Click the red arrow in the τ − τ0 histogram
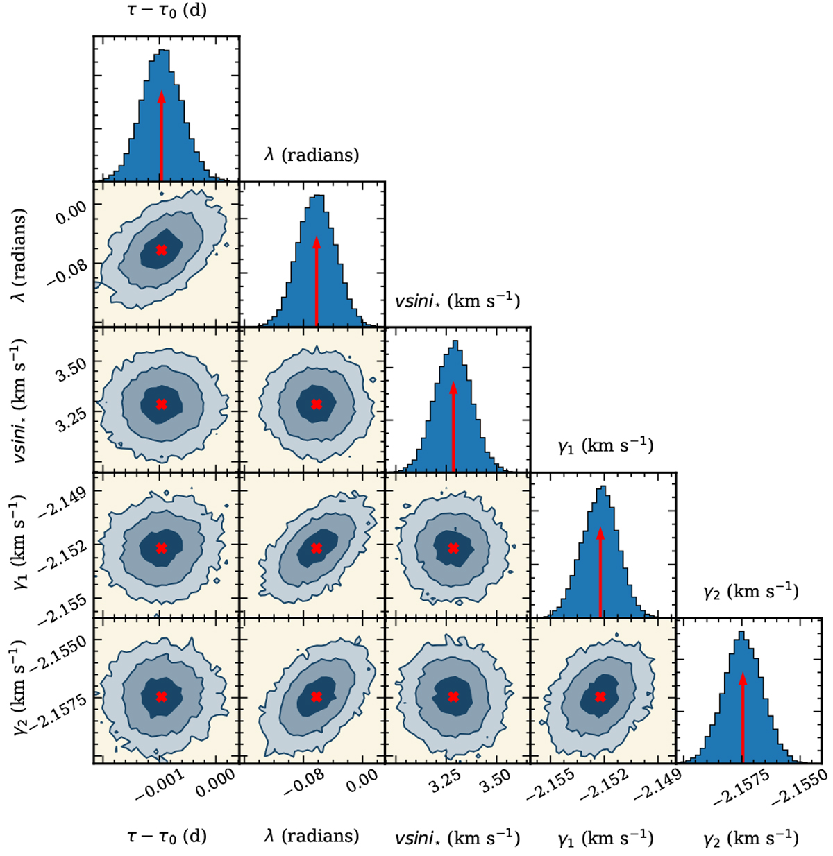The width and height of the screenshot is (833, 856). tap(161, 135)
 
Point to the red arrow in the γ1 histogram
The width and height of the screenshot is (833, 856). tap(600, 572)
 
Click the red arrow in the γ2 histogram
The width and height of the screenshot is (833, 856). tap(743, 718)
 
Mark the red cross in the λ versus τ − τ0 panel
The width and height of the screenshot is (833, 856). tap(162, 250)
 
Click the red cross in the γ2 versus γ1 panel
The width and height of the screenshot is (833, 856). tap(600, 696)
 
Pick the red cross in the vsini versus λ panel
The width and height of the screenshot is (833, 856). tap(317, 404)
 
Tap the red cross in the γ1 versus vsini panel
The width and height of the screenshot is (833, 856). tap(453, 548)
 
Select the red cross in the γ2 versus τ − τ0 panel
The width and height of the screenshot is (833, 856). tap(162, 696)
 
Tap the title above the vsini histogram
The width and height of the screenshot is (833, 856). tap(457, 300)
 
